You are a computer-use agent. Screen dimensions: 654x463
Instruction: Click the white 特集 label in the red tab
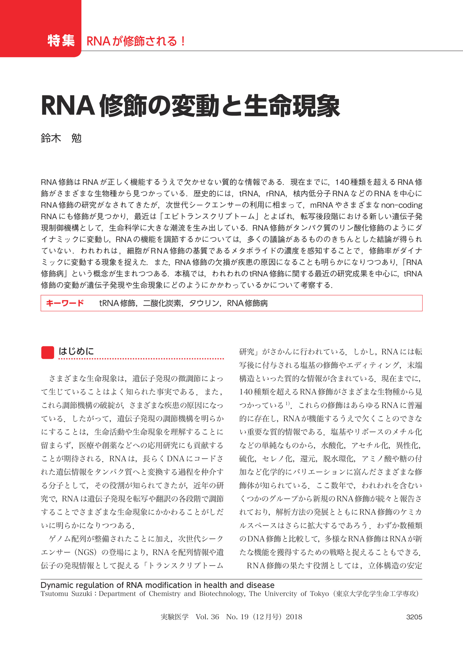click(x=61, y=41)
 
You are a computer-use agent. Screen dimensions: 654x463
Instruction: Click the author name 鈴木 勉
click(x=61, y=138)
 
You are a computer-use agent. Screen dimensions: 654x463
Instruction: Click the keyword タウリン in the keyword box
click(x=204, y=303)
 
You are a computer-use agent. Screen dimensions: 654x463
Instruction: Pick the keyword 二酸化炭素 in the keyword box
click(x=162, y=303)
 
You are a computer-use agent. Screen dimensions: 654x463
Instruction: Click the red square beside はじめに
click(x=48, y=352)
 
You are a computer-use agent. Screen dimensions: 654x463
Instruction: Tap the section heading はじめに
click(x=76, y=351)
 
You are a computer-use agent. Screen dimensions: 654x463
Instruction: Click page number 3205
click(x=414, y=617)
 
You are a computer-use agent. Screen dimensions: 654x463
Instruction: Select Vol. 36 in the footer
click(x=207, y=617)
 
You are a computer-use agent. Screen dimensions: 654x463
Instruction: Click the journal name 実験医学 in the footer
click(x=174, y=617)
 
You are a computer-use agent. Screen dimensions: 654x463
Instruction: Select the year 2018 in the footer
click(x=294, y=617)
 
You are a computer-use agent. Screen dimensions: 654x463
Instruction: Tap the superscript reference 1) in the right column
click(x=288, y=404)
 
